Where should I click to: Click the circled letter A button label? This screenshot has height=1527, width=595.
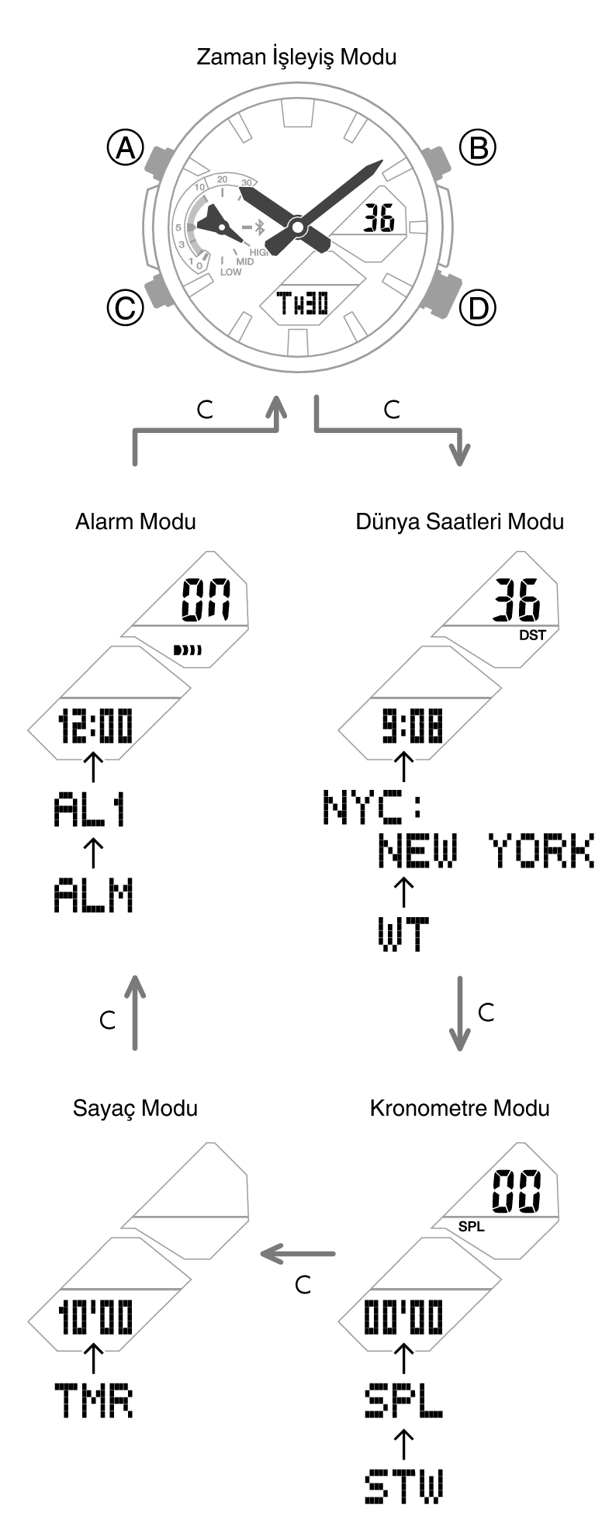tap(125, 147)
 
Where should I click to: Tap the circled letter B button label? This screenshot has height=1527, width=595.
tap(477, 147)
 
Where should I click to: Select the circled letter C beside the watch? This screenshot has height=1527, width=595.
tap(125, 308)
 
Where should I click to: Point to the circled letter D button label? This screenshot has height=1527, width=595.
tap(477, 308)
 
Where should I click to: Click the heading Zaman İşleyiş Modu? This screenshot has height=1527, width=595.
tap(296, 57)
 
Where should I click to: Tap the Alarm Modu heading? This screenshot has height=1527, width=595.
tap(136, 521)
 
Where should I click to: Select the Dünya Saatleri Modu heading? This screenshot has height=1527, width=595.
tap(459, 521)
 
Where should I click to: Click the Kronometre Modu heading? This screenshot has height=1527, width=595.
tap(459, 1107)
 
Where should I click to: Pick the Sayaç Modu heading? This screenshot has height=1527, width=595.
tap(135, 1107)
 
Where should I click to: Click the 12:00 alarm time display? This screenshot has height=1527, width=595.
tap(95, 728)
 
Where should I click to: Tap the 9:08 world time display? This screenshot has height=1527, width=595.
tap(412, 728)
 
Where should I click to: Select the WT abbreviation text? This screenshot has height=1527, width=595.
tap(403, 934)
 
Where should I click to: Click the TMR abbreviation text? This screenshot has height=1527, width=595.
tap(93, 1401)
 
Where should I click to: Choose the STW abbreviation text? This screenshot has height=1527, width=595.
tap(403, 1485)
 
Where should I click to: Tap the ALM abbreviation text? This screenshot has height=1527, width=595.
tap(93, 895)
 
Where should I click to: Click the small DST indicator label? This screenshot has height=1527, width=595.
tap(532, 635)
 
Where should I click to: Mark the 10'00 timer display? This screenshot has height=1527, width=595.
tap(95, 1318)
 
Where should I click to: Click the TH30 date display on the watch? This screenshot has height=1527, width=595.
tap(303, 303)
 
